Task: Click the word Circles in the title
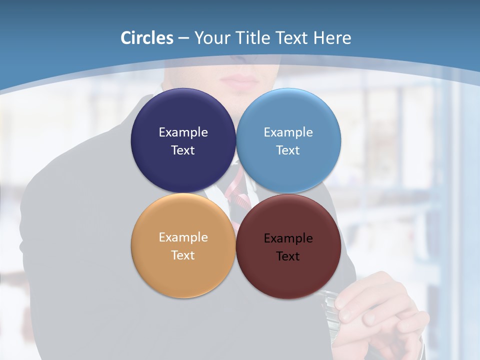(x=147, y=38)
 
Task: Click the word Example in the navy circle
(x=183, y=132)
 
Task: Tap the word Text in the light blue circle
(x=288, y=150)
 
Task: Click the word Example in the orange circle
(x=183, y=237)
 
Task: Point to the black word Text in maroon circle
(x=288, y=256)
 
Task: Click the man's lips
(x=239, y=80)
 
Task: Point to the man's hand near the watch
(x=380, y=305)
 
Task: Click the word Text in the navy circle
(x=183, y=150)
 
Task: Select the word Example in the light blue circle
(x=288, y=132)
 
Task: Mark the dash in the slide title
(x=183, y=38)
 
